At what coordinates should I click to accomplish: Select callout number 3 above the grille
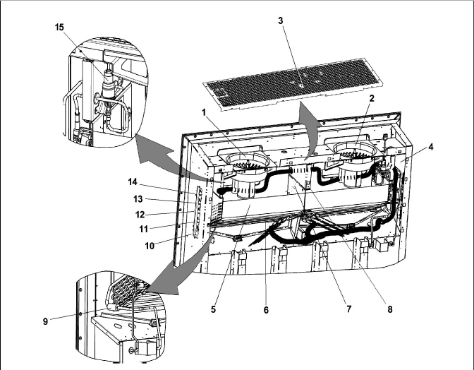281,20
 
